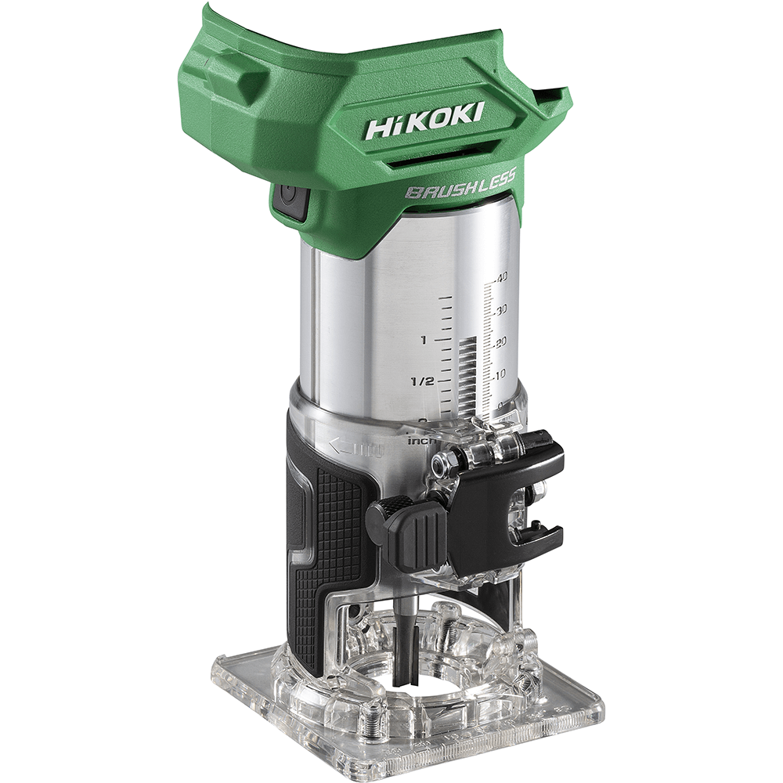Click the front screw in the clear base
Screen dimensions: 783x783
(374, 714)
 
